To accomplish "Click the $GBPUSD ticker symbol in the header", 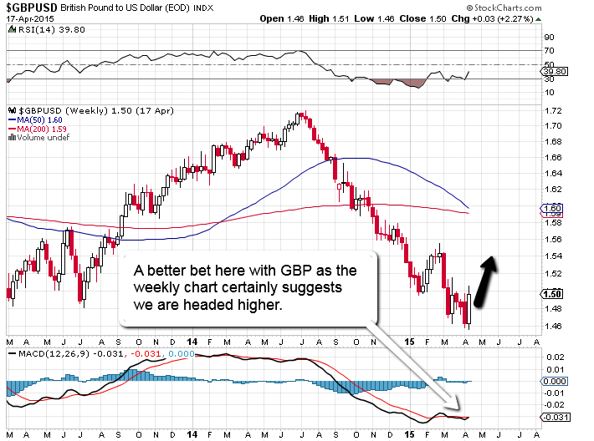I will (x=29, y=7).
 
